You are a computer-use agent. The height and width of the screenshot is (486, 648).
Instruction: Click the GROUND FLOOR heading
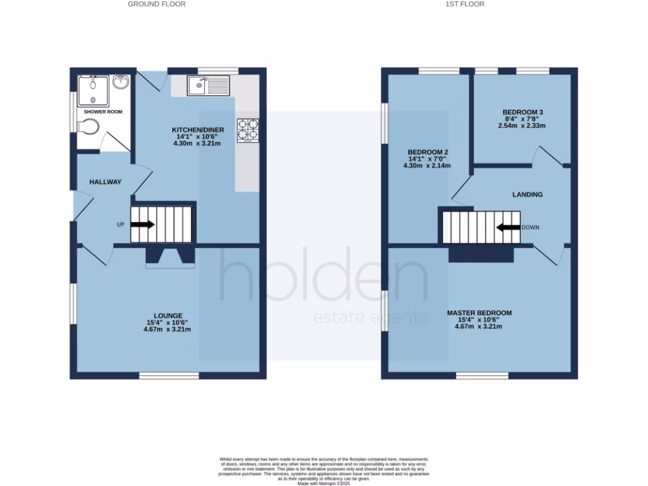point(156,4)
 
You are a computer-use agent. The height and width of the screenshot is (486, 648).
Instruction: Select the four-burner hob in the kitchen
point(248,130)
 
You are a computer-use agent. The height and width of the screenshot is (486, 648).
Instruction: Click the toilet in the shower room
point(88,127)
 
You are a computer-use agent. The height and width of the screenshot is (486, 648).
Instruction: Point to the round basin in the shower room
point(120,82)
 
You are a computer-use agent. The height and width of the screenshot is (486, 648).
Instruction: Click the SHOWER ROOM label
point(103,111)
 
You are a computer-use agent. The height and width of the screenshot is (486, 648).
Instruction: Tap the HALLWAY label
point(105,182)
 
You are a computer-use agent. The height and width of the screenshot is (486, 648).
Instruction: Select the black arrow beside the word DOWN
point(508,227)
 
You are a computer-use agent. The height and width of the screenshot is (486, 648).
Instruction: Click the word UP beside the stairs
point(120,225)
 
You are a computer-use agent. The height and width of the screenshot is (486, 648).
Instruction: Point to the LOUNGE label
point(168,316)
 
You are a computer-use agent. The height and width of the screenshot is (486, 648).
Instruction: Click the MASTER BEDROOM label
point(479,313)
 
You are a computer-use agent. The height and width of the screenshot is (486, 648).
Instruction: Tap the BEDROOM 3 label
point(522,112)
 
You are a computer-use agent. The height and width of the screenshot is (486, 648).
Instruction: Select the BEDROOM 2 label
point(428,153)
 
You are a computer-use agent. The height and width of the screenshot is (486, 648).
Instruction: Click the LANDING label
point(527,194)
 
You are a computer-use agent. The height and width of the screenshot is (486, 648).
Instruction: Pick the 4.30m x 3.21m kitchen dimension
point(198,143)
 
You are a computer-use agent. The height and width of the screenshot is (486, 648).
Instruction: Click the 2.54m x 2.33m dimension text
point(521,125)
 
